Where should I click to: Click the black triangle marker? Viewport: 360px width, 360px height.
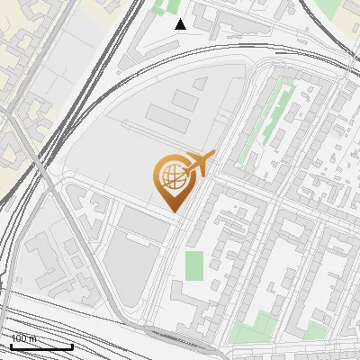pos(181,24)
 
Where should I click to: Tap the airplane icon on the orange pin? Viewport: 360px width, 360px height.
pos(198,165)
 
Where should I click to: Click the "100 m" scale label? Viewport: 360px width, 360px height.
pos(23,338)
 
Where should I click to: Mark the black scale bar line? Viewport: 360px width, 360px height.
pos(41,346)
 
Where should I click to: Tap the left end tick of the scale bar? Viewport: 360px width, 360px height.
pos(11,345)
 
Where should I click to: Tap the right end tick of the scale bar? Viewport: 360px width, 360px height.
pos(73,345)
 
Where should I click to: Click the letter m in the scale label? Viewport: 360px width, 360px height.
pos(33,338)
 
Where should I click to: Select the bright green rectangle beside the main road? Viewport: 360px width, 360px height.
pos(194,265)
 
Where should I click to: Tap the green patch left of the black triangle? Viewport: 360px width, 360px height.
pos(163,8)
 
